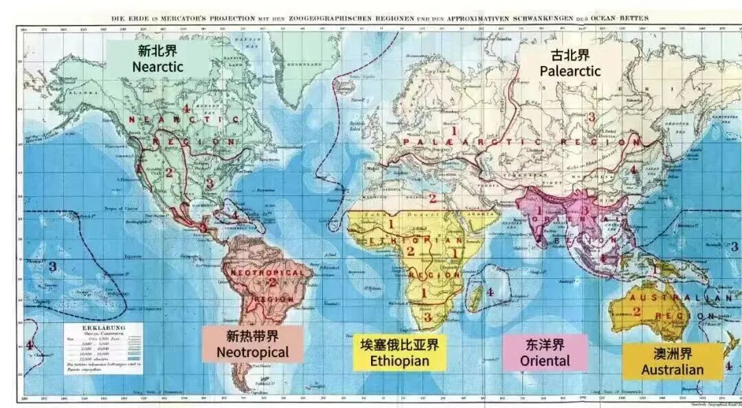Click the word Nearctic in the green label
[157, 67]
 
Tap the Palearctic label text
[570, 71]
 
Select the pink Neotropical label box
[252, 344]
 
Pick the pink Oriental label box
[545, 352]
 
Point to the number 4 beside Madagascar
[490, 292]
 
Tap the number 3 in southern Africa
[427, 317]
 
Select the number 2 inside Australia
[637, 311]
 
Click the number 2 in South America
[272, 281]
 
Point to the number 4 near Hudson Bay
[186, 109]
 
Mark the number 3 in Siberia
[590, 116]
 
